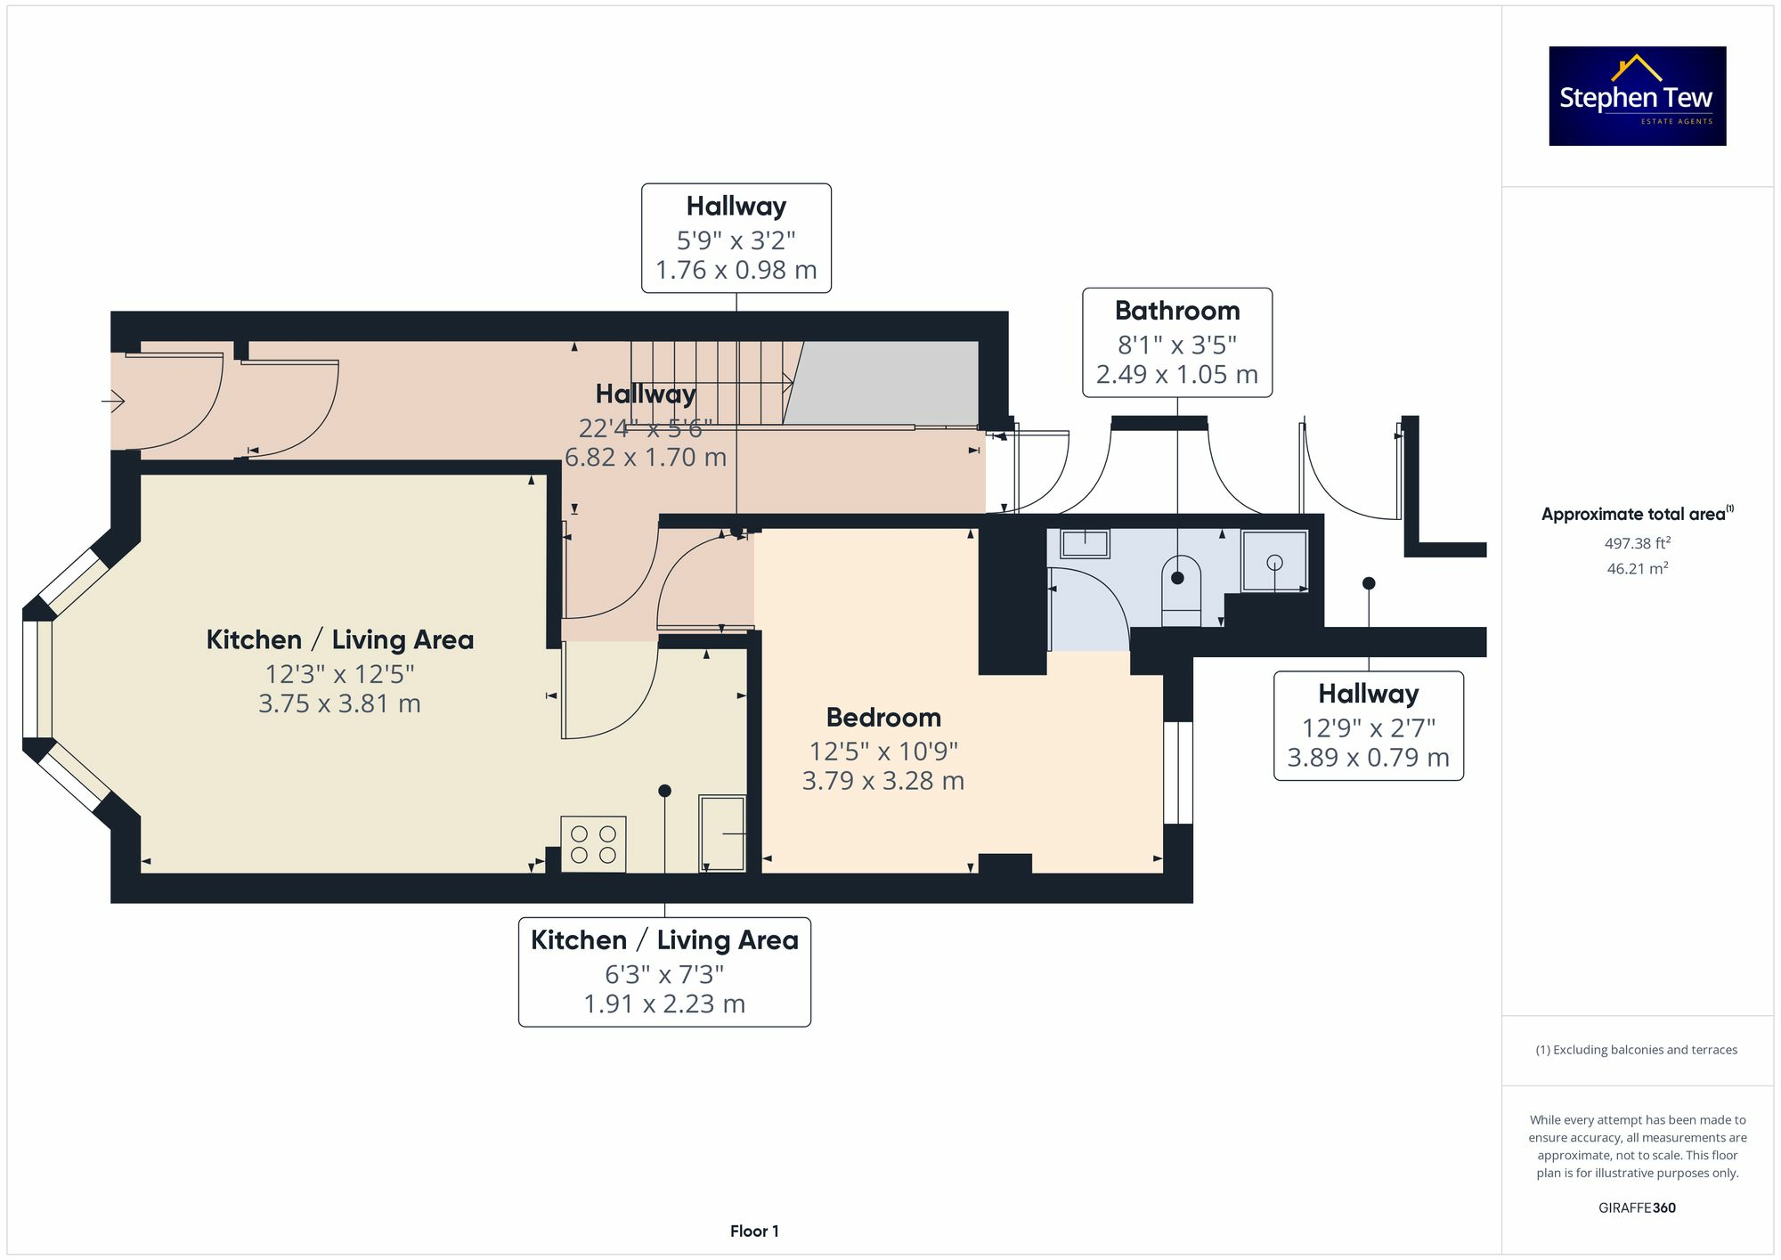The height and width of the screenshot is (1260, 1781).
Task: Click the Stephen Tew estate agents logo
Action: click(1637, 96)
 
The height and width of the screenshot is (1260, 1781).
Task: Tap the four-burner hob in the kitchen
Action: click(593, 844)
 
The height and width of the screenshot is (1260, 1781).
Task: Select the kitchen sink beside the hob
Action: click(722, 833)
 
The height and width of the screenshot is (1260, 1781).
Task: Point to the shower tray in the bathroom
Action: click(1274, 561)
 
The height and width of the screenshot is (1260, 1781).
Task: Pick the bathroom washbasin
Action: click(1085, 543)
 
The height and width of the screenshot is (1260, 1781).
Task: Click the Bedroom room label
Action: click(882, 718)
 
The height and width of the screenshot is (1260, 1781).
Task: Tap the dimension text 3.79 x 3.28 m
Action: click(882, 781)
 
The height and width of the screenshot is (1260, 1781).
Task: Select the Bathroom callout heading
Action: click(1176, 311)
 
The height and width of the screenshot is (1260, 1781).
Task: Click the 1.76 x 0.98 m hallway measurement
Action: click(736, 270)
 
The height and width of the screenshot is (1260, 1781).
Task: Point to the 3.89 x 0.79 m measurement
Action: click(1368, 758)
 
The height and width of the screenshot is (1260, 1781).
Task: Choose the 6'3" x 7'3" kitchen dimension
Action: click(664, 974)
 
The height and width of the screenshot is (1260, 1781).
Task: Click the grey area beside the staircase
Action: click(882, 383)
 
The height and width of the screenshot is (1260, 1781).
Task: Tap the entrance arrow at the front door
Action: click(113, 402)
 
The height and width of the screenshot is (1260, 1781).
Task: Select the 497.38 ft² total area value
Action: click(1637, 543)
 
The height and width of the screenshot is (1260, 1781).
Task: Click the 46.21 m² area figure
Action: click(1637, 568)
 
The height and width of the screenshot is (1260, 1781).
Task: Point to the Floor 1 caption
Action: click(754, 1232)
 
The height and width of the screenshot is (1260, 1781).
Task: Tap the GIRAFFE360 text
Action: click(1637, 1208)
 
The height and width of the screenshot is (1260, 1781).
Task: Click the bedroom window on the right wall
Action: click(1177, 772)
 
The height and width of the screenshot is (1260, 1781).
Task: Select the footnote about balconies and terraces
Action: click(1636, 1050)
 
